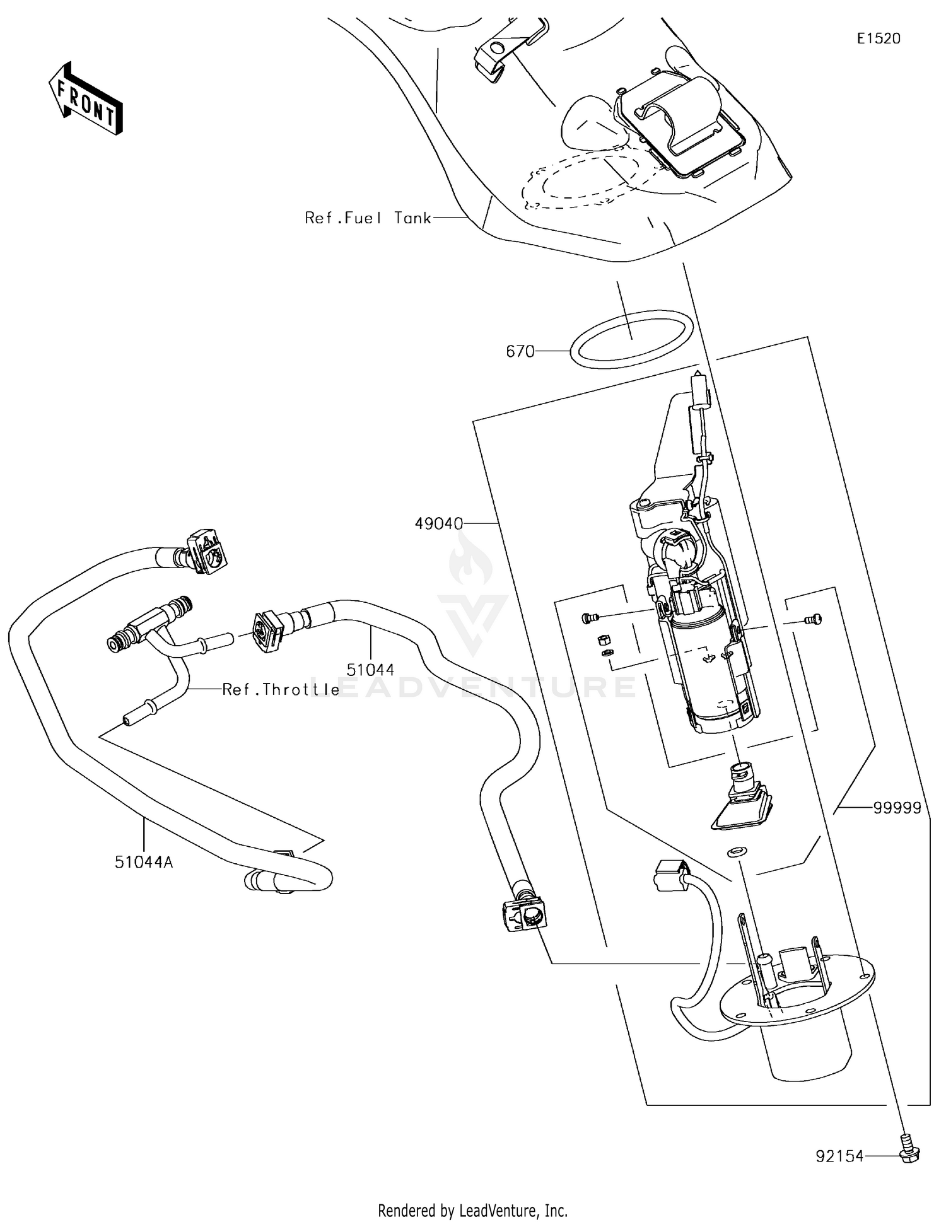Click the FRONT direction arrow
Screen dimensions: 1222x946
(86, 100)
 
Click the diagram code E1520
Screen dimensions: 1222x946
(879, 38)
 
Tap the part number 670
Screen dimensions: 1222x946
(520, 351)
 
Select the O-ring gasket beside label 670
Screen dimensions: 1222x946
(631, 339)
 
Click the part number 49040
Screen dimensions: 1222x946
(439, 523)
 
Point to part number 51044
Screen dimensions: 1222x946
(370, 669)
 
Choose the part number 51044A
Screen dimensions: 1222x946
(144, 861)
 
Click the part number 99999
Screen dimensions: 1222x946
(897, 808)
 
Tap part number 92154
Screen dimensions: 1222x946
(839, 1156)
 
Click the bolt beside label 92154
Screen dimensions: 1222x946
(908, 1153)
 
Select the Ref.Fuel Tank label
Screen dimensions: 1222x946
(368, 218)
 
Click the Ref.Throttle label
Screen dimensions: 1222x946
(281, 690)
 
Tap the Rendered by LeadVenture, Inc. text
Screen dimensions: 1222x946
(472, 1210)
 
